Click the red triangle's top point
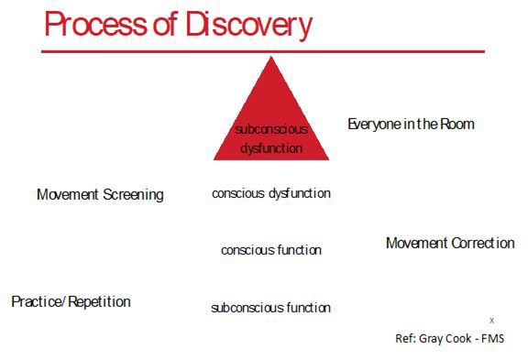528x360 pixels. pyautogui.click(x=271, y=60)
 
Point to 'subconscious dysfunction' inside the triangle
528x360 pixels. pyautogui.click(x=271, y=138)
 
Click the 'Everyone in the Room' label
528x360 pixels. pyautogui.click(x=411, y=124)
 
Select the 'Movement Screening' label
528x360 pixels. pyautogui.click(x=100, y=194)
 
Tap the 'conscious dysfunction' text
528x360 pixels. pyautogui.click(x=271, y=193)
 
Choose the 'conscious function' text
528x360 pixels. pyautogui.click(x=271, y=250)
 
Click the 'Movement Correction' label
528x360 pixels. pyautogui.click(x=450, y=243)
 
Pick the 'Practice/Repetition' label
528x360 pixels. pyautogui.click(x=71, y=301)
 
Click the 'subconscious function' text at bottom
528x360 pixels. pyautogui.click(x=271, y=308)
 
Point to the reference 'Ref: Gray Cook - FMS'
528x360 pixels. pyautogui.click(x=449, y=338)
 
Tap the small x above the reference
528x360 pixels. pyautogui.click(x=491, y=320)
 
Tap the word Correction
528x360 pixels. pyautogui.click(x=482, y=243)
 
